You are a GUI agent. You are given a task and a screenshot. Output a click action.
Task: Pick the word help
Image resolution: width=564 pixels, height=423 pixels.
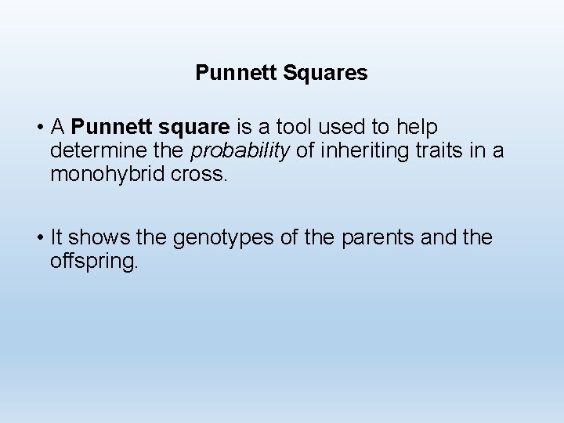417,127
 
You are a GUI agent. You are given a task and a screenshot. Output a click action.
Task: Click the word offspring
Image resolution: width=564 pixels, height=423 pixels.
94,261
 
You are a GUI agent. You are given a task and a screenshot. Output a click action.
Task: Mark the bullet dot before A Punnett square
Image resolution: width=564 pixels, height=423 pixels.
38,128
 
